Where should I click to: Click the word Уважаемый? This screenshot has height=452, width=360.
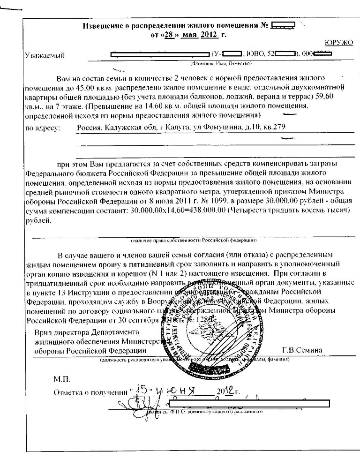(x=45, y=56)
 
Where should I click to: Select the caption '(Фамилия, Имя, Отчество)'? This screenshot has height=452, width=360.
(x=220, y=62)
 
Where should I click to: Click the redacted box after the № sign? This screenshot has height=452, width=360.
(x=283, y=25)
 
